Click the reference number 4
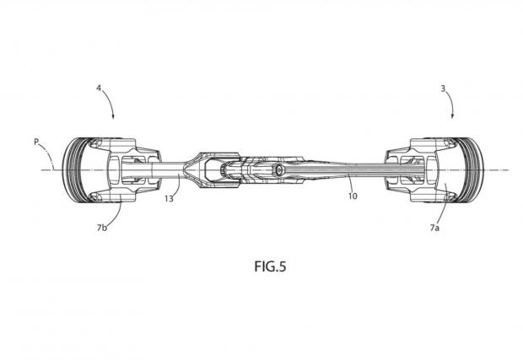coord(99,89)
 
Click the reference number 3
coord(443,89)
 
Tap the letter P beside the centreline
coord(36,142)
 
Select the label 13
coord(169,199)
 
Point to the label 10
coord(353,196)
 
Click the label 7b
coord(102,228)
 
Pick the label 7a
coord(434,228)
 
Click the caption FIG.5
coord(270,266)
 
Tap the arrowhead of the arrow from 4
coord(113,116)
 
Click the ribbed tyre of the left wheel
coord(71,170)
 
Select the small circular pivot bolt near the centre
coord(278,170)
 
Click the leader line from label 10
coord(349,183)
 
